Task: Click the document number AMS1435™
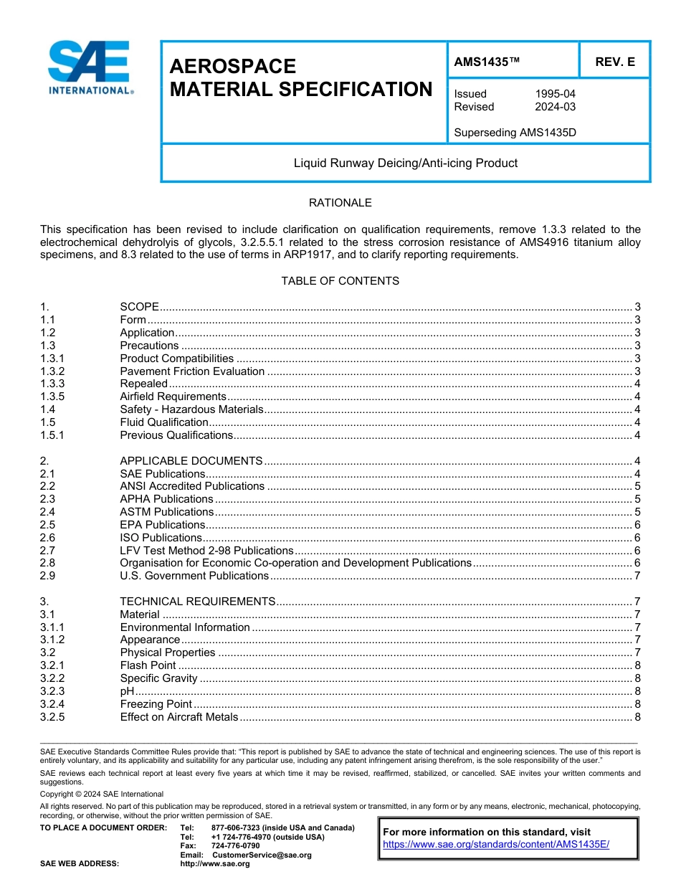pos(487,62)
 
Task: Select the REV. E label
pos(614,62)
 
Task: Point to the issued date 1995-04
pos(555,94)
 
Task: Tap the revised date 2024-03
pos(555,107)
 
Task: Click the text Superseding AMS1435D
pos(515,133)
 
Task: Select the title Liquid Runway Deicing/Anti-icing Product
pos(405,163)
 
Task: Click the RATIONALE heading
pos(340,203)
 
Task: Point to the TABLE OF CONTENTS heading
pos(340,281)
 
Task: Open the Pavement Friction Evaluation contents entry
pos(192,371)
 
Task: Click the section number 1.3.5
pos(53,397)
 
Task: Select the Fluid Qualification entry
pos(164,422)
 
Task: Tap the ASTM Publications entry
pos(166,512)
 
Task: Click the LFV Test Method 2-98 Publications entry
pos(206,551)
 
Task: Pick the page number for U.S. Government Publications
pos(637,576)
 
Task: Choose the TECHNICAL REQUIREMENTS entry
pos(197,602)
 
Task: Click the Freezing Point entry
pos(156,704)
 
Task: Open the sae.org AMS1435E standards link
pos(496,845)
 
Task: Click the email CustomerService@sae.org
pos(262,855)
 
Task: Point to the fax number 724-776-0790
pos(236,846)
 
